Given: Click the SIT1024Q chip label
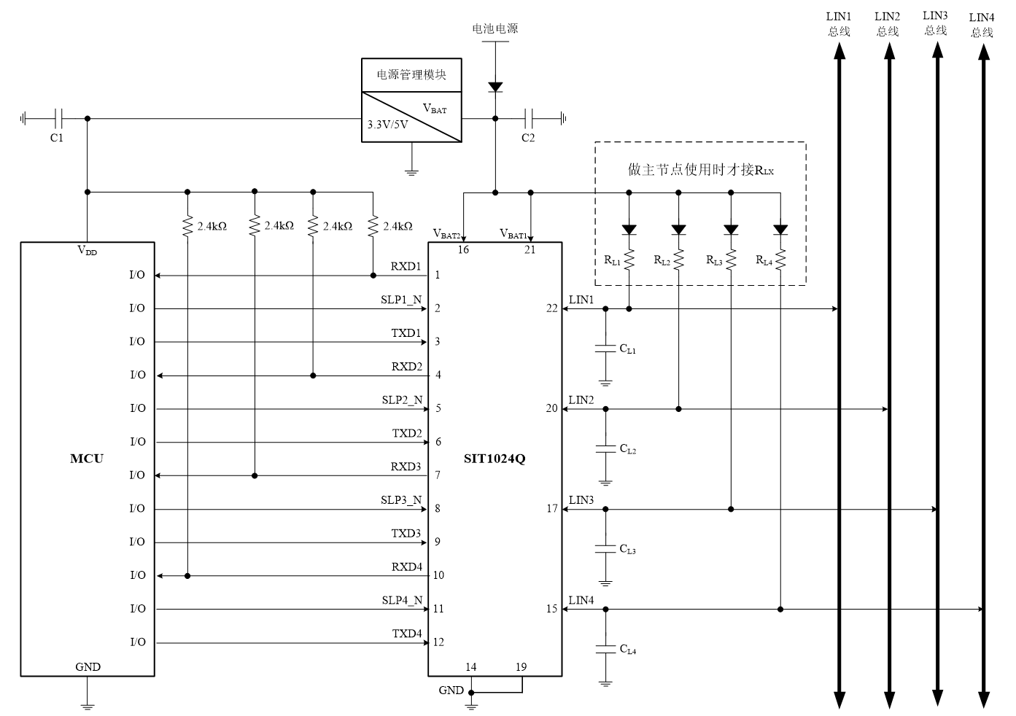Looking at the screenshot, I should (x=494, y=459).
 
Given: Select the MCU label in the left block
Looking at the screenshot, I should (x=86, y=459).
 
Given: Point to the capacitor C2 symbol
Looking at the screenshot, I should (x=530, y=117).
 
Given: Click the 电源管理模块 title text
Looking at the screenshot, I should (x=411, y=75).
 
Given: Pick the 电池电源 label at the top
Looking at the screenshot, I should (x=495, y=28).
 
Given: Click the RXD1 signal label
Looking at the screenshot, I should (x=406, y=266).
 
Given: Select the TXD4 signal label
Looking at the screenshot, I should (x=407, y=633).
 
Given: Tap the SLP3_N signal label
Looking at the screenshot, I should (x=401, y=499).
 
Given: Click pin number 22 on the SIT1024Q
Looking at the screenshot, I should (x=551, y=308).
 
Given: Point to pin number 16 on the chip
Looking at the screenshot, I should (x=463, y=249).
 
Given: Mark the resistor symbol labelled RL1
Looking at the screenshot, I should (x=629, y=259).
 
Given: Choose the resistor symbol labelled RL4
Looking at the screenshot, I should (x=780, y=259).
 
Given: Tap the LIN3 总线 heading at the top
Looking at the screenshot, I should (x=935, y=23).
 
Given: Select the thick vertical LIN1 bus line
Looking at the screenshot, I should (x=839, y=437).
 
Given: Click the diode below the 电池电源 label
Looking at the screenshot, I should (x=495, y=87).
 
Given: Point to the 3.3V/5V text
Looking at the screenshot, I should (x=388, y=125).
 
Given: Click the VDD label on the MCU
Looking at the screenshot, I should (x=87, y=251).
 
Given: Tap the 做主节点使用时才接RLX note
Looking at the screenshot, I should (x=700, y=170).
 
